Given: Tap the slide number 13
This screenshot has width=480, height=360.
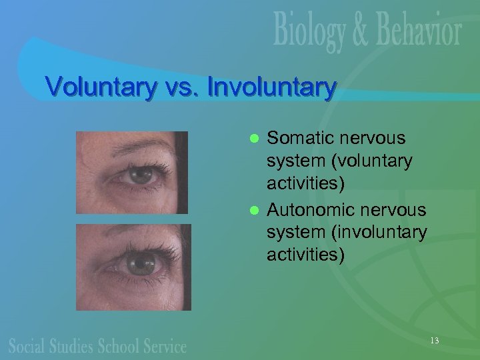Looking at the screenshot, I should (x=434, y=341).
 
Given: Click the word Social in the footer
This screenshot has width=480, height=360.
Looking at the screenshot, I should (x=28, y=345).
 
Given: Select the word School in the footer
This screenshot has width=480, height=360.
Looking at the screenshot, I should (x=120, y=345).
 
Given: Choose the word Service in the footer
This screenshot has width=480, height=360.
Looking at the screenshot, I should (x=165, y=345).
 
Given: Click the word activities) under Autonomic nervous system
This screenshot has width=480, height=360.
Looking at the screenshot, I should (x=306, y=255).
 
